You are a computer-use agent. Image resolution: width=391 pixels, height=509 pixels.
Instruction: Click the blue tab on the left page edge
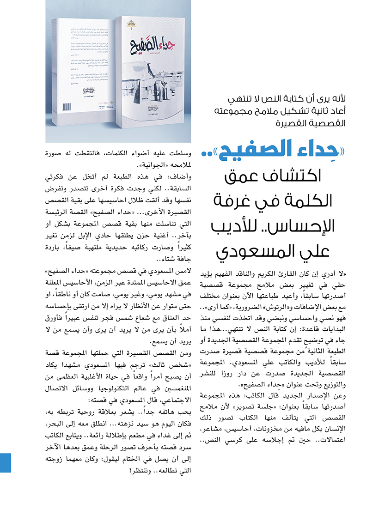[x=5, y=462]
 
